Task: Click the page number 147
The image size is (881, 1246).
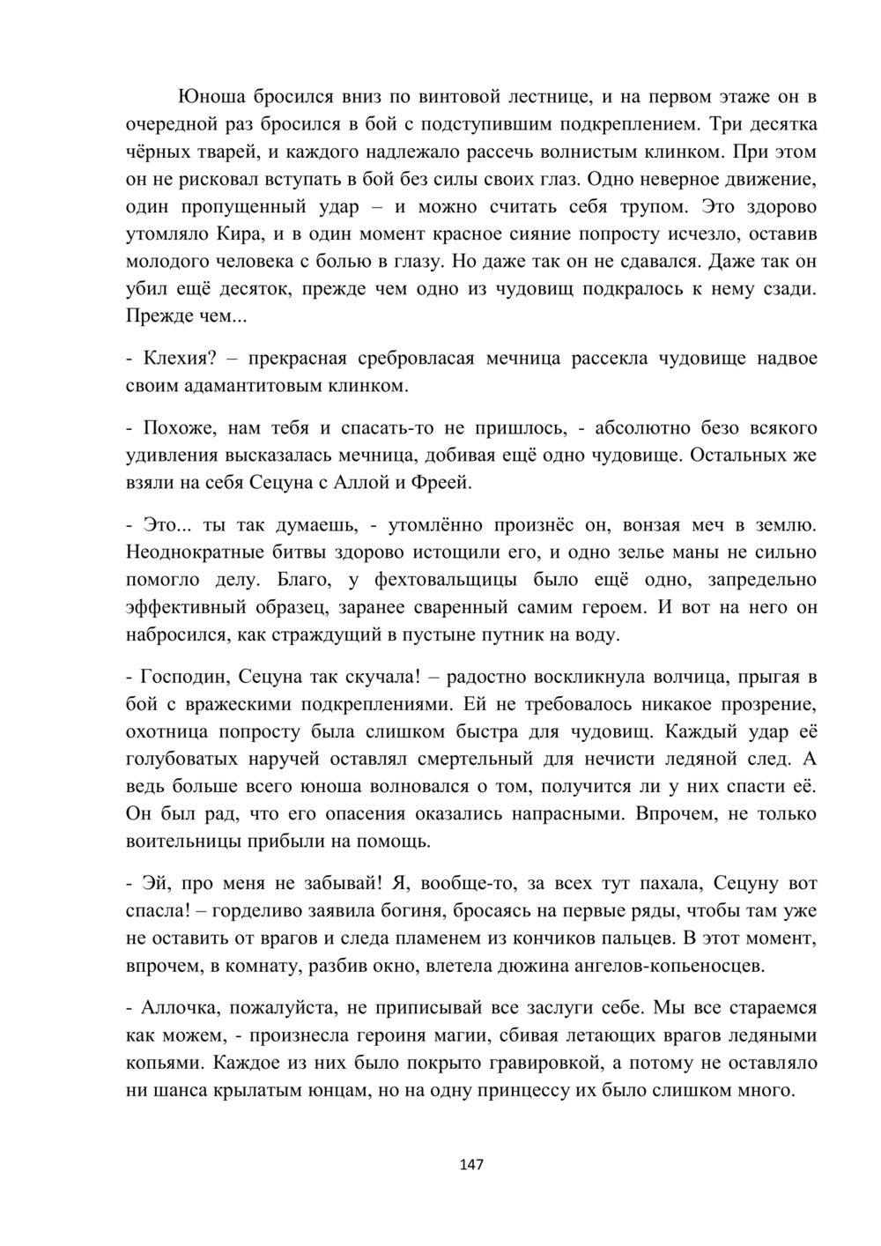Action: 471,1165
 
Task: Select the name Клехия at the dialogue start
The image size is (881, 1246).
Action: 176,359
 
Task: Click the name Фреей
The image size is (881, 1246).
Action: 449,483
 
